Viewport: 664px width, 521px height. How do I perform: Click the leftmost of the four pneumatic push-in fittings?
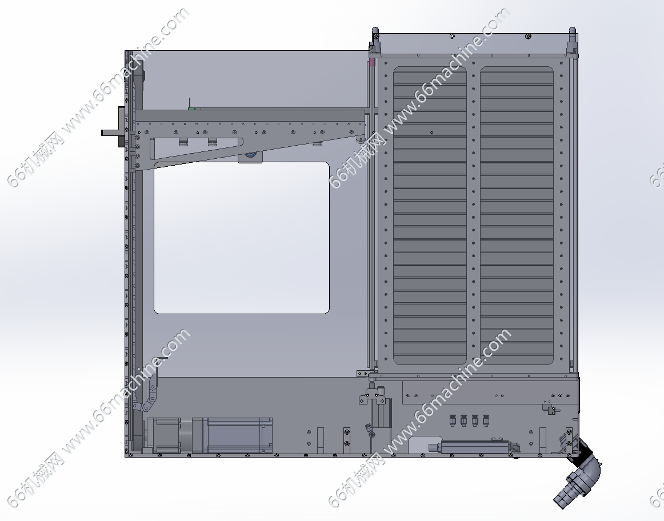click(452, 420)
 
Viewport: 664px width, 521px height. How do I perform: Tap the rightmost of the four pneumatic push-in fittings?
click(486, 420)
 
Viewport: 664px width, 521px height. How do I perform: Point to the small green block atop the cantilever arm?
click(192, 109)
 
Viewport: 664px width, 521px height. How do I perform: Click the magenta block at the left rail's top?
click(372, 62)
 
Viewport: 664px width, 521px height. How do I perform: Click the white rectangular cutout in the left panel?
click(241, 238)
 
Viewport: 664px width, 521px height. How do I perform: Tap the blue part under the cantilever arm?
click(250, 155)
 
